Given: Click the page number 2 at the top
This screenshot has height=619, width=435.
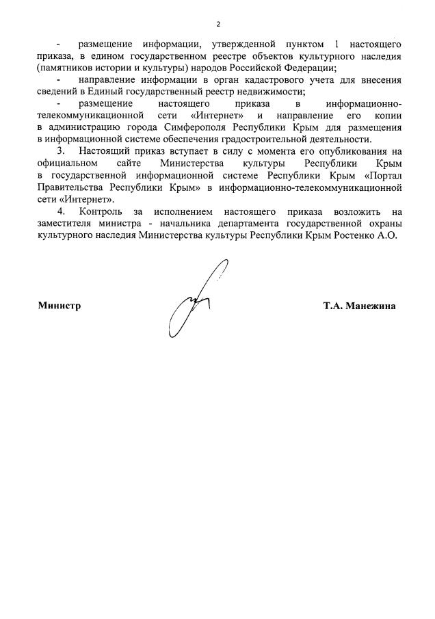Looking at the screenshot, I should [x=217, y=25].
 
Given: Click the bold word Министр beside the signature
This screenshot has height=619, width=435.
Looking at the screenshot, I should [x=60, y=306].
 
